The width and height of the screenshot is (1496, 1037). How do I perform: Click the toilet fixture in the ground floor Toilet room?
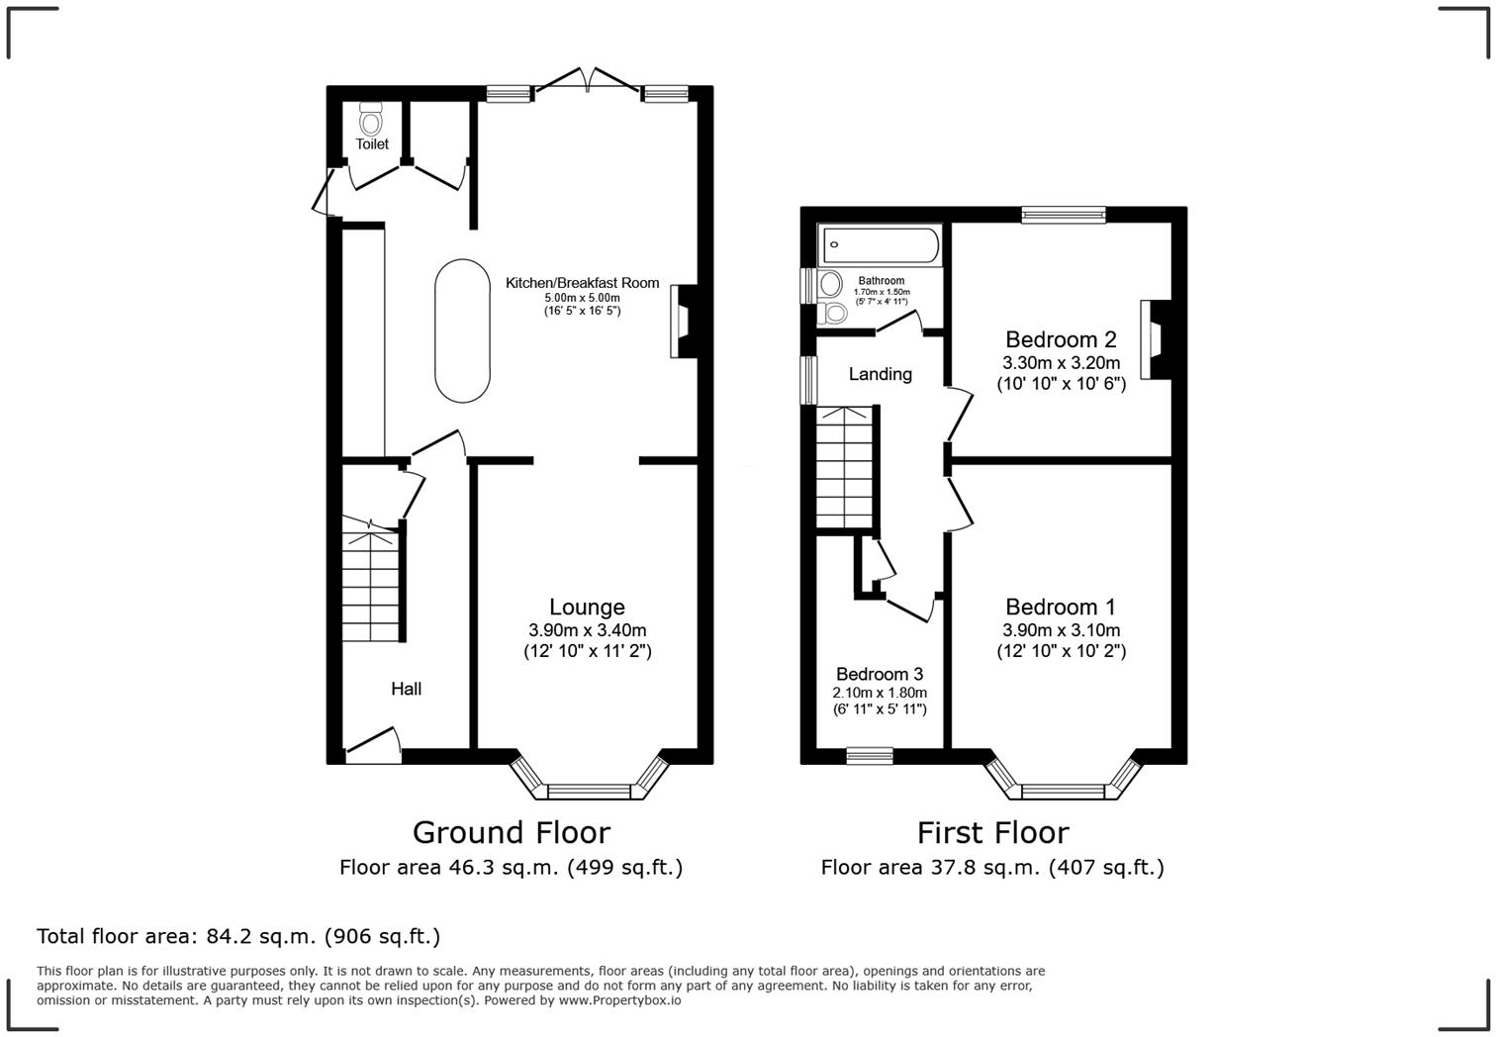click(371, 120)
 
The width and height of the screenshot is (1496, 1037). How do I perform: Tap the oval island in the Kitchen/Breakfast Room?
click(462, 331)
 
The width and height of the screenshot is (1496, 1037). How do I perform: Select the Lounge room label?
click(587, 607)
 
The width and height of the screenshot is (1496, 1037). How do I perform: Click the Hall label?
click(406, 689)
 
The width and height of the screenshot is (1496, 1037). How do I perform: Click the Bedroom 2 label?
click(1061, 339)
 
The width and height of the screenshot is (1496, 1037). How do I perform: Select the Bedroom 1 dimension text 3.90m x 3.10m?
click(1061, 630)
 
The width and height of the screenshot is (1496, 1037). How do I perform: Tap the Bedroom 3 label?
click(879, 674)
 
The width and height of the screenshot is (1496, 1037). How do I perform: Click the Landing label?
click(880, 374)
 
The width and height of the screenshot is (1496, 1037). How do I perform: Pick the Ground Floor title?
click(511, 832)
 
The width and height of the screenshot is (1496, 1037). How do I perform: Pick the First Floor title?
click(992, 832)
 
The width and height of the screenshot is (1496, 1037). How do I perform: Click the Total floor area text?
click(238, 936)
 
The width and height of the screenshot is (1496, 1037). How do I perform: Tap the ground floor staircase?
click(371, 584)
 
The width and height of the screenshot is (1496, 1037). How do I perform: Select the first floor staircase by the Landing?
click(846, 467)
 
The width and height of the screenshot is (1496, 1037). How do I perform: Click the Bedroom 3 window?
click(870, 757)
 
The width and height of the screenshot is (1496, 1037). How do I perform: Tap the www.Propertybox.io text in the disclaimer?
click(619, 1000)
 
